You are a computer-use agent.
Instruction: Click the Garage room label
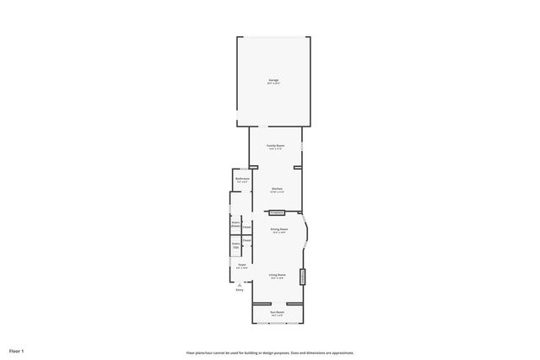coord(273,82)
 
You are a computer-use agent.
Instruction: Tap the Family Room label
coord(276,147)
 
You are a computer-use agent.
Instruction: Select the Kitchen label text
coord(277,190)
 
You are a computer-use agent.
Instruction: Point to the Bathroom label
coord(242,180)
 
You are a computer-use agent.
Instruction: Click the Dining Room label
coord(278,230)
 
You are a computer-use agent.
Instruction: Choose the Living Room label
coord(277,276)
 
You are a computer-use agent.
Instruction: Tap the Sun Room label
coord(277,313)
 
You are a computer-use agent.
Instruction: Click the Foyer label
coord(241,266)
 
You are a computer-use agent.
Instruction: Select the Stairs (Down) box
coord(236,224)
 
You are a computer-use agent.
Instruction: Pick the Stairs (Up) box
coord(236,245)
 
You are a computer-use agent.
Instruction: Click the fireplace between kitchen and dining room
coord(277,212)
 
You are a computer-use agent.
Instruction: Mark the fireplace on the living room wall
coord(302,276)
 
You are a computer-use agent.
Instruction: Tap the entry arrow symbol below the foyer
coord(240,285)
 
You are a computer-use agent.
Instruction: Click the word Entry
coord(240,290)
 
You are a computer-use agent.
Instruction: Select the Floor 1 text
coord(17,350)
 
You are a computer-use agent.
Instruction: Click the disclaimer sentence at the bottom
coord(270,352)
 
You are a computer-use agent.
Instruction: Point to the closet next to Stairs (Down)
coord(247,227)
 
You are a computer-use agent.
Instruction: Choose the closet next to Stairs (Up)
coord(247,241)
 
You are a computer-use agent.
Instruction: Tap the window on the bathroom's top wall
coord(242,170)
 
